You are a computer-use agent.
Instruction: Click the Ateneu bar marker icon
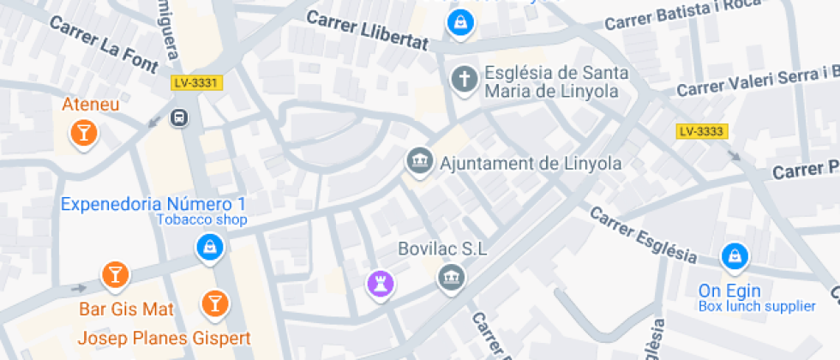point(83,132)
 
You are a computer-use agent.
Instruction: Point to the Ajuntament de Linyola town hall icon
point(419,161)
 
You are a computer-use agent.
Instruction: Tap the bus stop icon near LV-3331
point(180,118)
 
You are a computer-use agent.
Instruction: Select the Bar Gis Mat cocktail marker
point(114,274)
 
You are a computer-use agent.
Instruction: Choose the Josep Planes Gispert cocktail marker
point(213,302)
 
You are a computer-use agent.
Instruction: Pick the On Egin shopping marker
point(735,255)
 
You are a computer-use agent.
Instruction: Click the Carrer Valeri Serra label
point(754,82)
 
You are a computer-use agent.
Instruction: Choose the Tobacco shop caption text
point(201,220)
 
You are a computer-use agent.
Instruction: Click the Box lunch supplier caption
point(756,306)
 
